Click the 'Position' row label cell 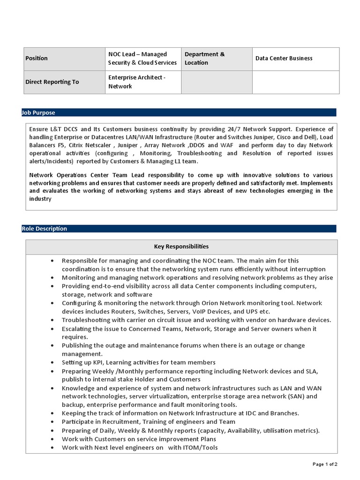(x=36, y=59)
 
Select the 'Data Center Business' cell (x=284, y=59)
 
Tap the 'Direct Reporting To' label (x=52, y=82)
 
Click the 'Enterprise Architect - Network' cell (x=136, y=82)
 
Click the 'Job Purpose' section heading (x=38, y=112)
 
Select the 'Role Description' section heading (x=45, y=229)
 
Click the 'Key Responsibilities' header (x=181, y=247)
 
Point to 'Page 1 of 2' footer (x=325, y=464)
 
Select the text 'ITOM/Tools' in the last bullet (x=201, y=447)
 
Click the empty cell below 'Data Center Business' (x=295, y=82)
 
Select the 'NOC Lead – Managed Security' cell (x=142, y=59)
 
